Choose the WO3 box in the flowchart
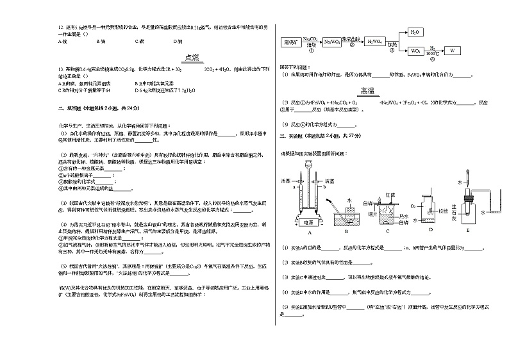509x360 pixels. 415,50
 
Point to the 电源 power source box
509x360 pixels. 308,222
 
